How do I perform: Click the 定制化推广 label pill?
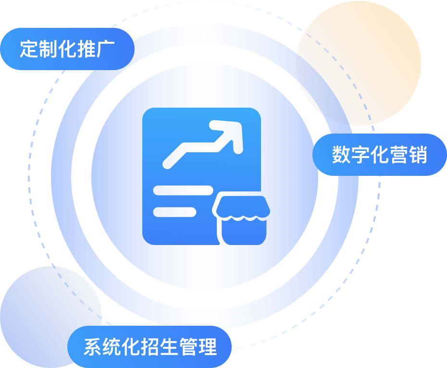[x=67, y=49]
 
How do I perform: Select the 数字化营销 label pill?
[x=380, y=155]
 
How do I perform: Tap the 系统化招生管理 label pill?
[x=149, y=347]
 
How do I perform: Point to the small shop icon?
[x=241, y=220]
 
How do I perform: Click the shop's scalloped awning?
[x=241, y=207]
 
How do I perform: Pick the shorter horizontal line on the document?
[x=174, y=212]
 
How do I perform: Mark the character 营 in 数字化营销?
[x=398, y=155]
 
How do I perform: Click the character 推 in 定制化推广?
[x=87, y=49]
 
